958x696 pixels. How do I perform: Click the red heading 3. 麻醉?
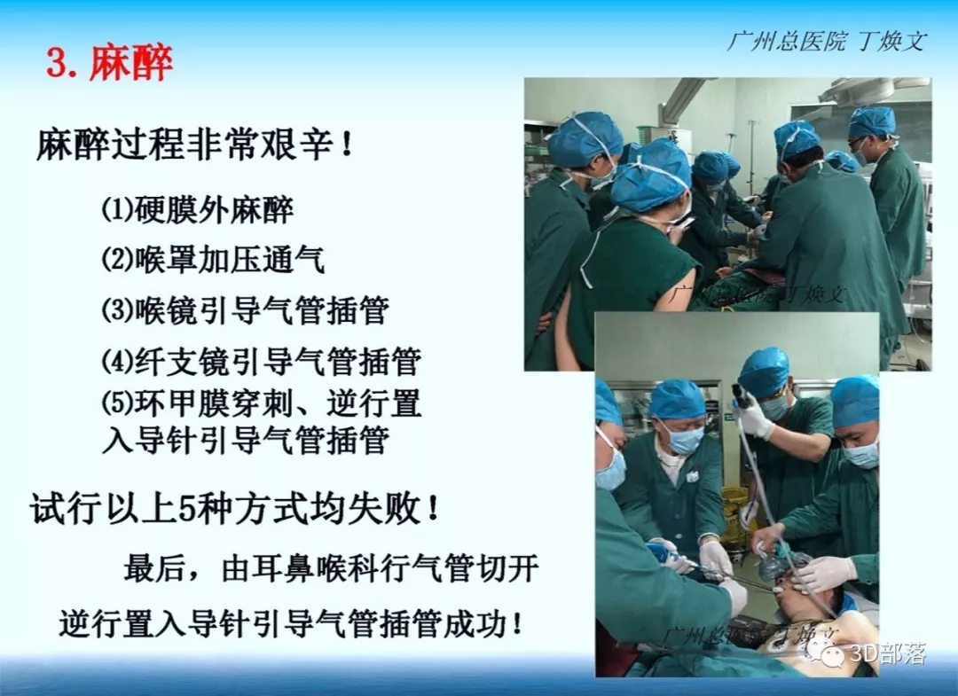tap(110, 63)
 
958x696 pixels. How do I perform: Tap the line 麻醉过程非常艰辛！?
tap(195, 145)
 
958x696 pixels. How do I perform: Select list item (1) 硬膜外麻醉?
tap(197, 209)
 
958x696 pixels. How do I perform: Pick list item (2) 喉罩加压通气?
tap(213, 260)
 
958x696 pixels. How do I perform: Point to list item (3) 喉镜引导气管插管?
tap(245, 310)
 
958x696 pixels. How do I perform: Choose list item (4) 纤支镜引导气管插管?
tap(261, 361)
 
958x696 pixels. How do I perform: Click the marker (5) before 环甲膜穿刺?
tap(117, 403)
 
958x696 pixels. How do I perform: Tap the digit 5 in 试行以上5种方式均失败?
tap(187, 508)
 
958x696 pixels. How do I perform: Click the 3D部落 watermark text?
tap(888, 654)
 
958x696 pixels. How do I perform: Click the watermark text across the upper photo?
tap(758, 295)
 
